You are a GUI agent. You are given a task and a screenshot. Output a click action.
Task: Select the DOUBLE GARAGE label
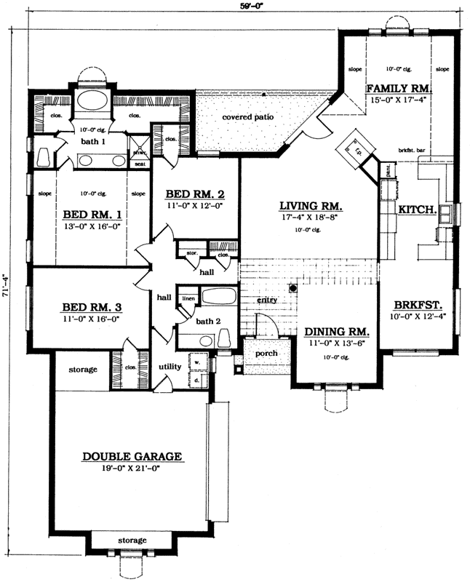pyautogui.click(x=132, y=456)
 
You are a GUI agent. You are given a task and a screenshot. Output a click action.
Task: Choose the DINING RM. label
pyautogui.click(x=337, y=331)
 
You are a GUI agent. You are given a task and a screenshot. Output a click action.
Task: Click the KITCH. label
pyautogui.click(x=417, y=209)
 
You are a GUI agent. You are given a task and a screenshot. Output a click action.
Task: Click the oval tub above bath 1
pyautogui.click(x=91, y=100)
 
